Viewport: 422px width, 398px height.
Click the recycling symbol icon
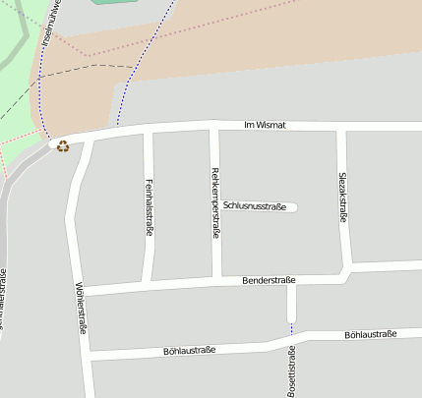click(63, 146)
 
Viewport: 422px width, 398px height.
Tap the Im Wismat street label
click(265, 126)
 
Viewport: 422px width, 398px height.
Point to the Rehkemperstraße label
click(215, 203)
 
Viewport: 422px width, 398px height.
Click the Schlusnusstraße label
click(254, 206)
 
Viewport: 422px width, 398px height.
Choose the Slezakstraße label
click(343, 197)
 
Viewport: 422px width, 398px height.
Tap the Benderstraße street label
click(270, 280)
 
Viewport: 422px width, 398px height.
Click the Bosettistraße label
click(292, 372)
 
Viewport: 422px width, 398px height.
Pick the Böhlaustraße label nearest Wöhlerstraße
click(189, 350)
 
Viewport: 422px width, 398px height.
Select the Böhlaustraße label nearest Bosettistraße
click(370, 335)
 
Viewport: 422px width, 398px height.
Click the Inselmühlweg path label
click(50, 22)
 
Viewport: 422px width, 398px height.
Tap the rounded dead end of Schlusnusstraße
click(292, 206)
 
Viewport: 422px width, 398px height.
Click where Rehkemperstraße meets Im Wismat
click(213, 127)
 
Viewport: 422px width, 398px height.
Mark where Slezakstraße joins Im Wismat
click(340, 129)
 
